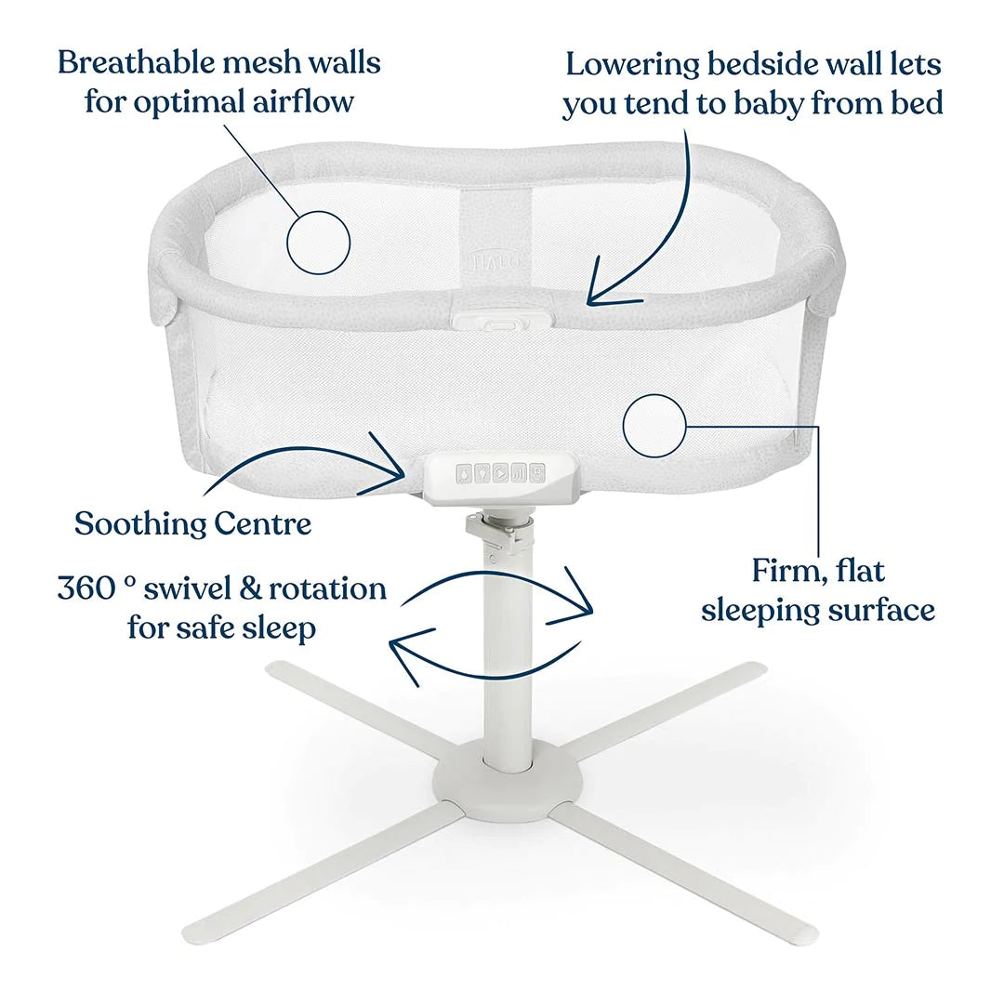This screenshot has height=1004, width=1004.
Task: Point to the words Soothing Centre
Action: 192,523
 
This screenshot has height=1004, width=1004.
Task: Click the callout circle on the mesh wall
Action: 318,242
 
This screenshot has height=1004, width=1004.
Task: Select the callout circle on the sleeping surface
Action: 654,426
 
